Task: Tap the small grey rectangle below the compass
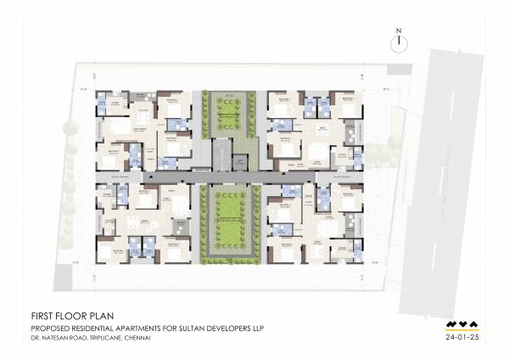pyautogui.click(x=399, y=72)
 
